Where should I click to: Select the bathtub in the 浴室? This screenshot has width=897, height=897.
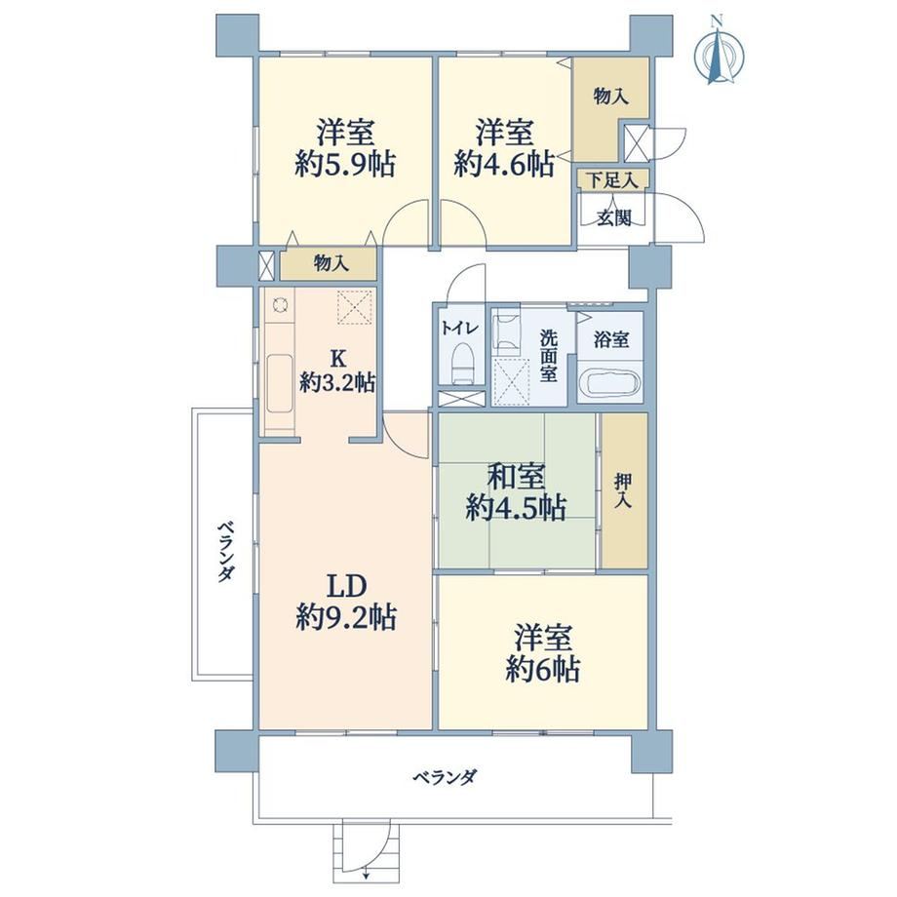click(609, 382)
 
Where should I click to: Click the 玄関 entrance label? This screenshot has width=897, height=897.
click(614, 218)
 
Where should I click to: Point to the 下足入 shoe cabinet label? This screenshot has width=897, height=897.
click(612, 180)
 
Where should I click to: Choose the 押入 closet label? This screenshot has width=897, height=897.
click(624, 490)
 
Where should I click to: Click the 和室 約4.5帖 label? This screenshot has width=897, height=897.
click(516, 492)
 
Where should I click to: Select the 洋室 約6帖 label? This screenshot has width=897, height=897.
click(543, 654)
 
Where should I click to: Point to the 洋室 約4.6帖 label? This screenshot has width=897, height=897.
click(504, 147)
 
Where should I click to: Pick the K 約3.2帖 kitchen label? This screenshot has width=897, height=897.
click(337, 370)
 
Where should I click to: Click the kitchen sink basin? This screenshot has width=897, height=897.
click(280, 383)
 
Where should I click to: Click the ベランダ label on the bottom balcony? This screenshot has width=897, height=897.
click(445, 777)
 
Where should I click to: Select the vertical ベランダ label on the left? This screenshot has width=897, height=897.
click(226, 551)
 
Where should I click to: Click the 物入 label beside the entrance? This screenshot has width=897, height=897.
click(611, 97)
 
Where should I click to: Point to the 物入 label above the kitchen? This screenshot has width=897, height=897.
click(331, 263)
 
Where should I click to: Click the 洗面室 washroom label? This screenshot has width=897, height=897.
click(549, 357)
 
